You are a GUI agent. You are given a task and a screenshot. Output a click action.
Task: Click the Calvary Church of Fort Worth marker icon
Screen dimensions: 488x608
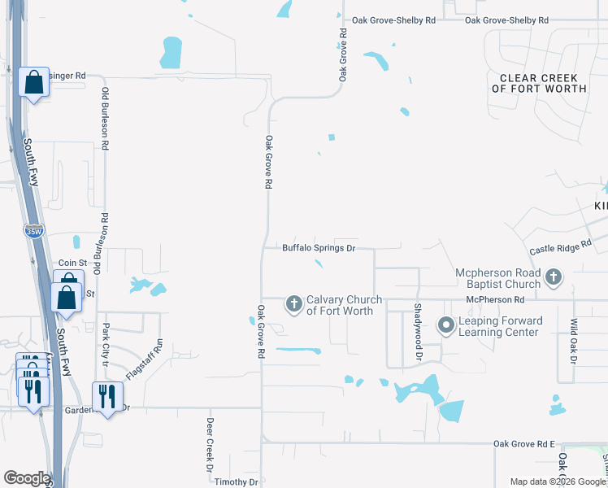click(x=293, y=304)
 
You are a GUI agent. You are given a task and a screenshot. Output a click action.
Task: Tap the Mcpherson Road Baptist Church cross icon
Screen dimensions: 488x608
click(x=553, y=278)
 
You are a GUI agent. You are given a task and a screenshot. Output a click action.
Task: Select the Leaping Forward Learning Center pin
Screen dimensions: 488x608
click(x=445, y=326)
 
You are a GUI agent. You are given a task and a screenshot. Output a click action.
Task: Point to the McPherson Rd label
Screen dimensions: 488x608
click(x=494, y=300)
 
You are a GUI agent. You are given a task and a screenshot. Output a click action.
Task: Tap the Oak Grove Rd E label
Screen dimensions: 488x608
click(x=524, y=443)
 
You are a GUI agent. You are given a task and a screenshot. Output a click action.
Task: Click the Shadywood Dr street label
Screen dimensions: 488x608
click(x=418, y=332)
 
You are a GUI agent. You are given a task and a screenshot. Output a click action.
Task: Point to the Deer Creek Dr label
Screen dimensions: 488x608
click(x=209, y=445)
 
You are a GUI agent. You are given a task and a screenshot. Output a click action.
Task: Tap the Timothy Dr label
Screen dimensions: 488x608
click(x=236, y=482)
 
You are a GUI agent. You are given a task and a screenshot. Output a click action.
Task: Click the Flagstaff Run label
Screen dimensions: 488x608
click(x=159, y=359)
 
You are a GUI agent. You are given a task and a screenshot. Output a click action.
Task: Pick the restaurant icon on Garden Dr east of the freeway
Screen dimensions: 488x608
click(x=106, y=396)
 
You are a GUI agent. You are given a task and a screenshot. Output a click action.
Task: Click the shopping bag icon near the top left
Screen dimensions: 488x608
click(x=34, y=82)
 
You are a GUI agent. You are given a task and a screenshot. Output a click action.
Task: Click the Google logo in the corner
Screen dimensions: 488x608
click(x=26, y=478)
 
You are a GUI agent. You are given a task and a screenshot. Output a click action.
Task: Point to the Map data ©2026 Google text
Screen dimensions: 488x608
click(x=558, y=481)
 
